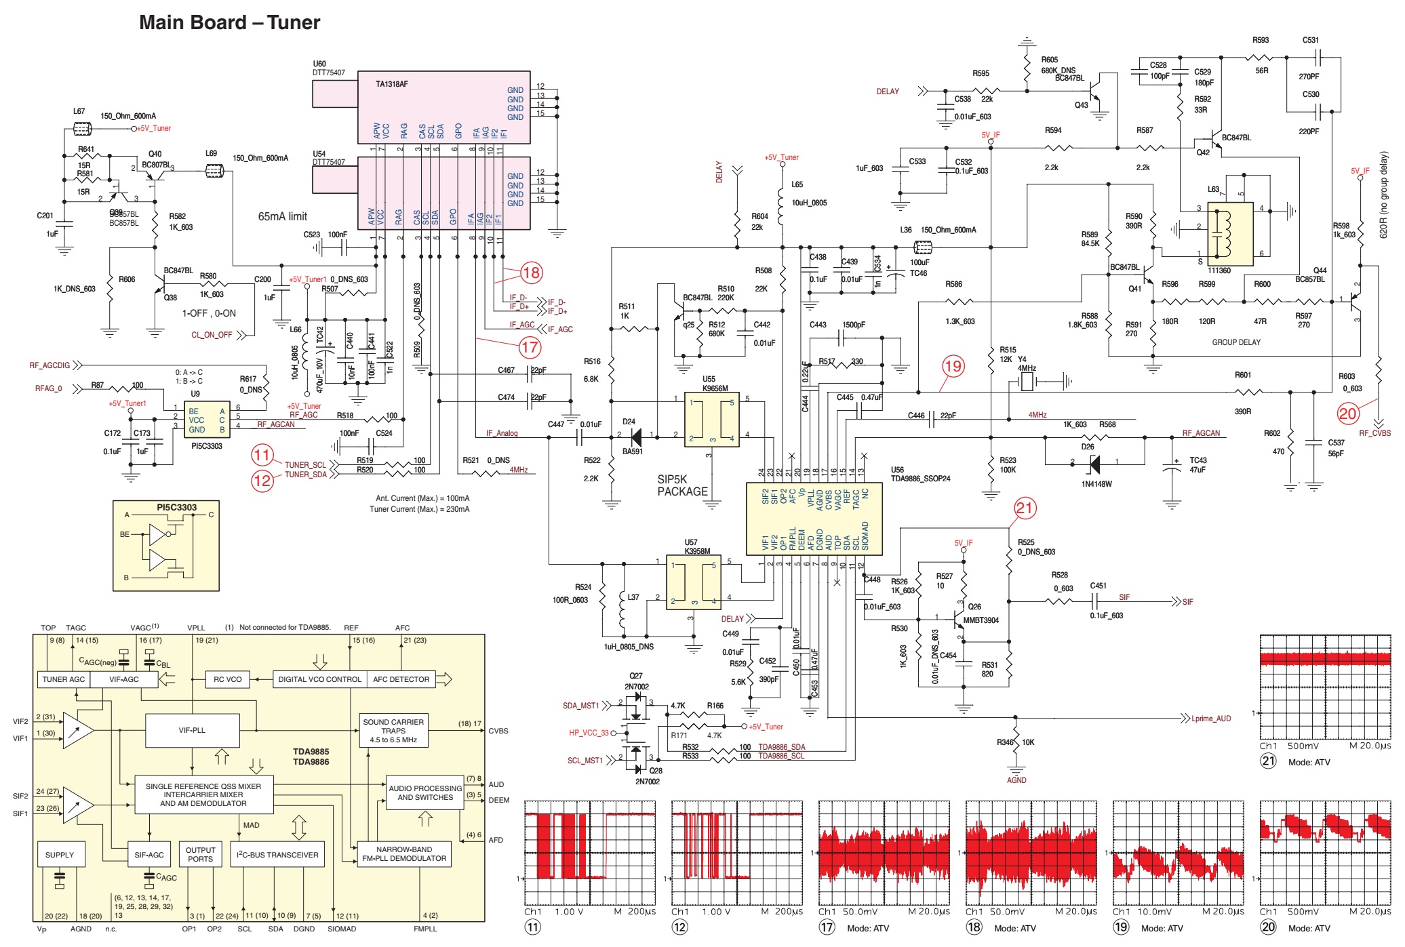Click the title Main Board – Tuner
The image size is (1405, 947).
229,22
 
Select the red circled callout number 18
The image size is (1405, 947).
531,273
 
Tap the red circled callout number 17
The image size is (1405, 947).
530,348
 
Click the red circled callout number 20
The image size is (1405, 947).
1347,413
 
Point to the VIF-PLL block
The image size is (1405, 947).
192,731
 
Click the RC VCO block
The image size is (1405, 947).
227,679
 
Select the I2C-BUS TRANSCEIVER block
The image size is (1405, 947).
277,855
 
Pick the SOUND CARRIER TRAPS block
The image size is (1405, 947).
393,731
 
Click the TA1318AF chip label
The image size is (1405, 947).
392,84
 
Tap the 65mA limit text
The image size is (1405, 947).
282,217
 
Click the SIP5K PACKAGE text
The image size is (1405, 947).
681,485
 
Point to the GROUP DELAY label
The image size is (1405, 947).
1235,342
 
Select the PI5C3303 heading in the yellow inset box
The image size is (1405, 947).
176,507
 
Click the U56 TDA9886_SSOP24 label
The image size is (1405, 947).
919,474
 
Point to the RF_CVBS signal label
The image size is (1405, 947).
1374,433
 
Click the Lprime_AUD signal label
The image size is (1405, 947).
1211,719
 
